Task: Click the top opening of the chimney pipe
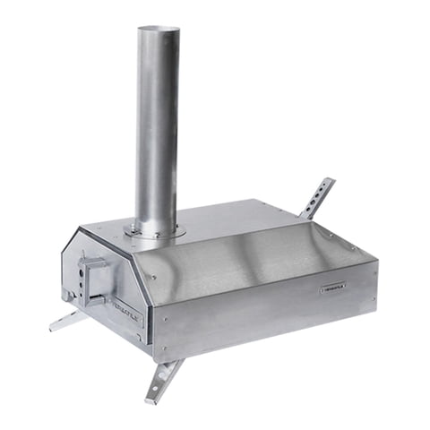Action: [159, 30]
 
